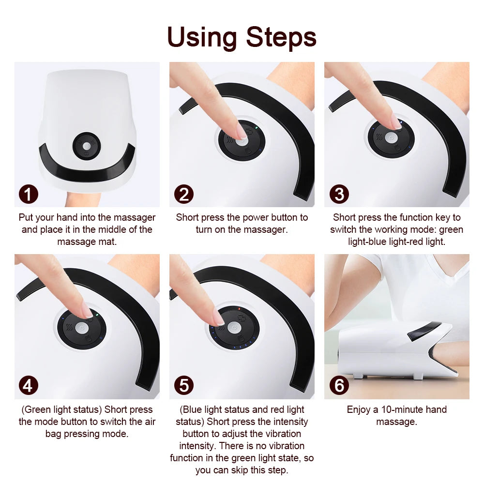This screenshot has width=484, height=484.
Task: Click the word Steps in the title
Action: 281,38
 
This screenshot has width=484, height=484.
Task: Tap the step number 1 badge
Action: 29,194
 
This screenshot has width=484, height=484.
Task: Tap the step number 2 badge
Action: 184,194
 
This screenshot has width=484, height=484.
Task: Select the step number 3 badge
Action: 339,194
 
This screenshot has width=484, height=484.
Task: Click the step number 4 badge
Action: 29,386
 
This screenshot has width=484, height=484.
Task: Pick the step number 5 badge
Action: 184,386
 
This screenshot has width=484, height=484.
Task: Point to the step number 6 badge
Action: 339,386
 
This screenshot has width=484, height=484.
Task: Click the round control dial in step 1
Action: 86,145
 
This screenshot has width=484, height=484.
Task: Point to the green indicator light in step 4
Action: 97,314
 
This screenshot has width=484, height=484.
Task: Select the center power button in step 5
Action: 234,328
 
